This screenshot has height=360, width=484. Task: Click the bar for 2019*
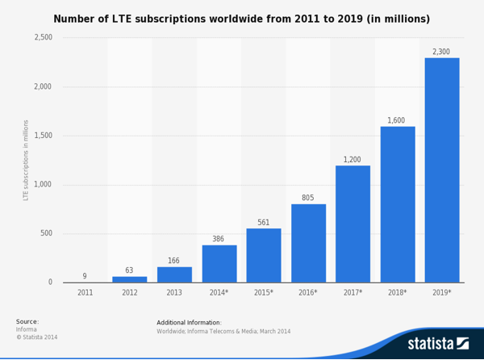coord(442,170)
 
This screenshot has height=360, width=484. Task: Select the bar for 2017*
coord(353,224)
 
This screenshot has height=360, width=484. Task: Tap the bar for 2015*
coord(264,255)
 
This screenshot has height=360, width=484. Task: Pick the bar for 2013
coord(174,274)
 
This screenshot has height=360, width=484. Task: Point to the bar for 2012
coord(130,279)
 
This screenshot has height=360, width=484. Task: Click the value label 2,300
coord(441,52)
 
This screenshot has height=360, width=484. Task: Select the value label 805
coord(307,198)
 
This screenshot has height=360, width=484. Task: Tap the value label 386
coord(219,239)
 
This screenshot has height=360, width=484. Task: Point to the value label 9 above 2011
coord(85,276)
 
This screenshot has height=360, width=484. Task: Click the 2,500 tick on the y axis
coord(44,38)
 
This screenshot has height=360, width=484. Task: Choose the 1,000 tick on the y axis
coord(44,185)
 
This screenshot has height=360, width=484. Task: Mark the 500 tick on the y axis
coord(46,234)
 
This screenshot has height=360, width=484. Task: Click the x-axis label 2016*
coord(308,293)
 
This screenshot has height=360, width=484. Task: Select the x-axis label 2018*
coord(398,293)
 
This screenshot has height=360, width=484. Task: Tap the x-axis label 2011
coord(85,293)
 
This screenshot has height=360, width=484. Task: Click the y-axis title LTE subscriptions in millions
coord(26,160)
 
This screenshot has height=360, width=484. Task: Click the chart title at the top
coord(242,19)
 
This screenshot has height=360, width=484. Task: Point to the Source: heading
coord(27,321)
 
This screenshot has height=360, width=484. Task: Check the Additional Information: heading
coord(189,322)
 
